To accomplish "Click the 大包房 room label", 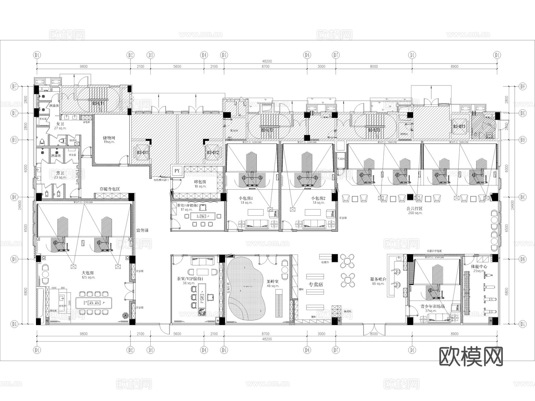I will point(88,273).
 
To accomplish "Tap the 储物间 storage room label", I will point(109,138).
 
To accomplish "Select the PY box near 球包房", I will point(177,171).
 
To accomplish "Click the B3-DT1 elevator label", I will point(143,152).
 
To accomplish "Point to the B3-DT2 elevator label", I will point(213,153).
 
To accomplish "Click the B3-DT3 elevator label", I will point(459,127).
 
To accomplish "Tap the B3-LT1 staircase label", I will point(98,103).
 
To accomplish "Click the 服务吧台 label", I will point(378,279).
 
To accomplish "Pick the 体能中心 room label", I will point(479,266).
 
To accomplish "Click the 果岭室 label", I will point(273,281).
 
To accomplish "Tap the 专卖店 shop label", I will point(316,284).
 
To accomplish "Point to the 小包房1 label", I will point(246,198).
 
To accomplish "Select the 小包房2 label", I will point(318,198).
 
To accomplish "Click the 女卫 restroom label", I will point(60,124).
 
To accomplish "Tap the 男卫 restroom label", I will point(60,173).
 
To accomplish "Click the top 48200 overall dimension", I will point(267,61).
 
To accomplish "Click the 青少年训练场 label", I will point(432,306).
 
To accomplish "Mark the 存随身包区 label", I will point(110,189).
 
